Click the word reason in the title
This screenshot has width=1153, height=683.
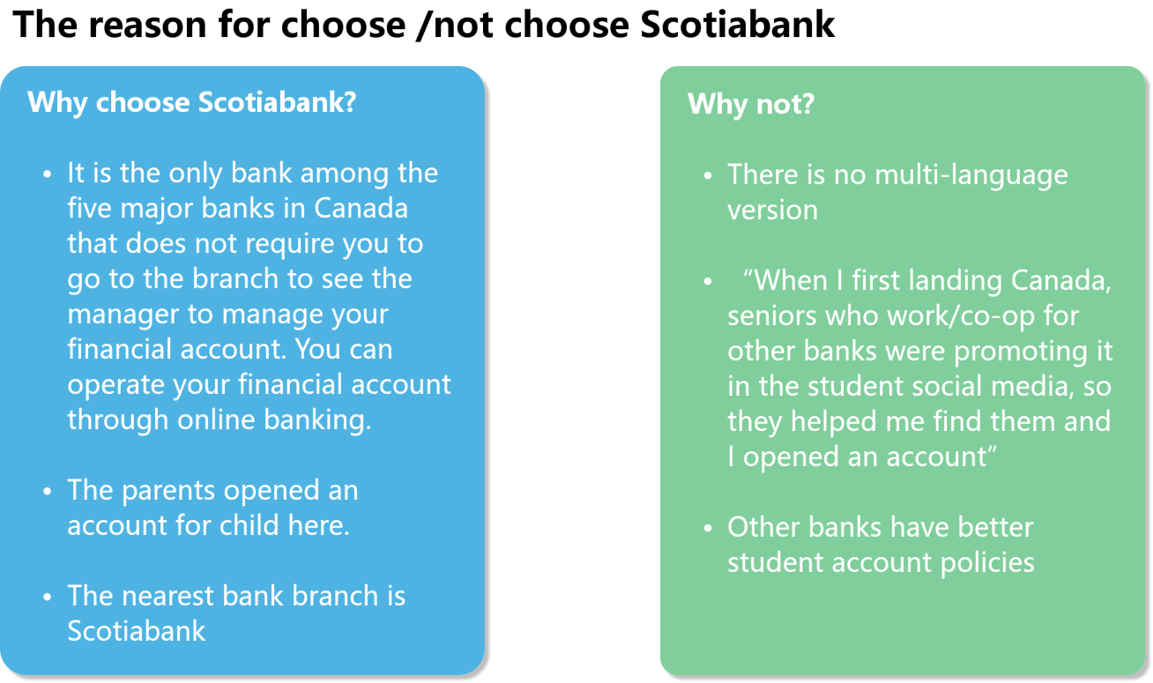coord(147,25)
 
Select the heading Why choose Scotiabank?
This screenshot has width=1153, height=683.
coord(191,102)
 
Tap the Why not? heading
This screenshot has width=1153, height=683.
coord(751,103)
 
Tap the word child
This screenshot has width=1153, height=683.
coord(249,525)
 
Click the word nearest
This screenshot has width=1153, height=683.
coord(167,596)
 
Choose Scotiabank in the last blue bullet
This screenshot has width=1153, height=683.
coord(137,630)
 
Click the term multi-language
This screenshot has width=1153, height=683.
coord(971,175)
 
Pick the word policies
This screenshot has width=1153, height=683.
coord(987,563)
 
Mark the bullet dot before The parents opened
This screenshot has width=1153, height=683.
coord(48,492)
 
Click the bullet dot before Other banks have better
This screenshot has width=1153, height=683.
coord(708,528)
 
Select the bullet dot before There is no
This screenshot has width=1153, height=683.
coord(708,176)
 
